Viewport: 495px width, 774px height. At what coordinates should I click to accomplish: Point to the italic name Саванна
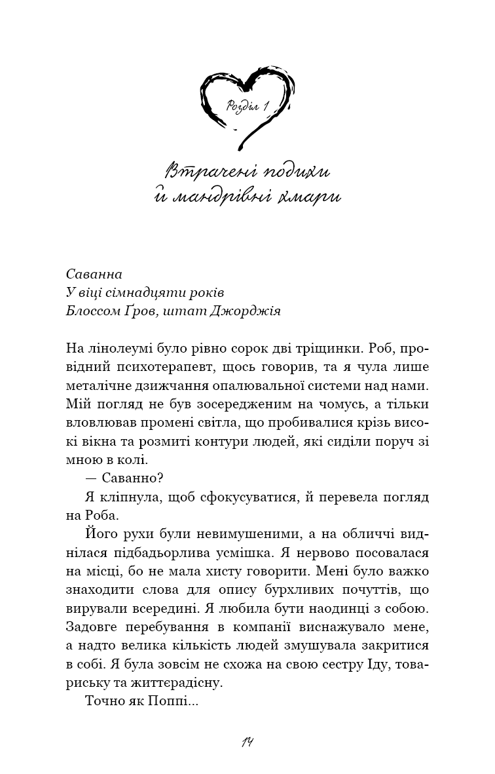pyautogui.click(x=94, y=273)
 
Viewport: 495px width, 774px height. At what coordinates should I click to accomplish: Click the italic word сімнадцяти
pyautogui.click(x=143, y=292)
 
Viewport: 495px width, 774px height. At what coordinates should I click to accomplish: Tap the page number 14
pyautogui.click(x=247, y=743)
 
